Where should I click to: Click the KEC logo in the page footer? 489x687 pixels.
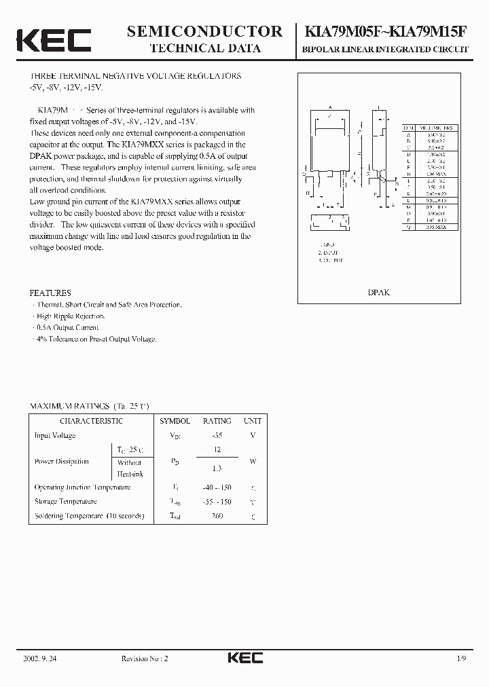(x=244, y=658)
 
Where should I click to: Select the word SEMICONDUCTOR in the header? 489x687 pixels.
(x=204, y=31)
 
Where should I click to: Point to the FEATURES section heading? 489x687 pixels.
(x=50, y=293)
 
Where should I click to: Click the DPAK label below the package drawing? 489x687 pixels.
(x=378, y=292)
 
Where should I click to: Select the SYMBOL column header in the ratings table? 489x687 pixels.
(x=175, y=421)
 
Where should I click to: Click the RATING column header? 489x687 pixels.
(x=217, y=421)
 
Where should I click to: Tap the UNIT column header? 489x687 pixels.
(x=253, y=421)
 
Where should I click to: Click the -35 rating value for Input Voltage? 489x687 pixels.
(x=217, y=436)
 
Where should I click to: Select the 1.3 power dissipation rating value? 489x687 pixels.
(x=217, y=468)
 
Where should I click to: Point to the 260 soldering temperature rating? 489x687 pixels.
(x=217, y=516)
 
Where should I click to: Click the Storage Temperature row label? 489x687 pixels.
(x=66, y=502)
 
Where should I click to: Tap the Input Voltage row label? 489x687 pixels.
(x=55, y=436)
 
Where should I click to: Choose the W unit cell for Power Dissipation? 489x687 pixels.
(x=253, y=462)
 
